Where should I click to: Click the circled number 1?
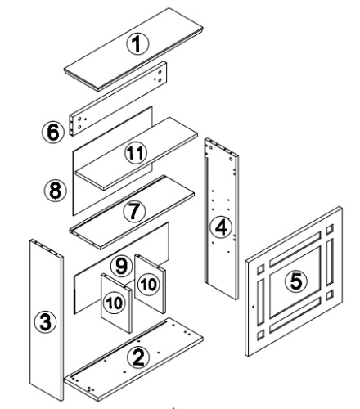pos(137,43)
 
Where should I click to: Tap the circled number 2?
pos(139,357)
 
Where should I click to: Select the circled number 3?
pos(45,322)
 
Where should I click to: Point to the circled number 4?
pos(221,227)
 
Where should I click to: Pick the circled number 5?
pos(296,281)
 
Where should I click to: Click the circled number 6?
pos(53,132)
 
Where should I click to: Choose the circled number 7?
pos(134,211)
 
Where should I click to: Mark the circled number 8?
pos(56,190)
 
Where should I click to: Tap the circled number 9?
pos(122,266)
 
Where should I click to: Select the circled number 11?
pos(136,153)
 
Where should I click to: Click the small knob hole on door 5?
pos(254,307)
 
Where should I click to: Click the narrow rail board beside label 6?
pos(119,99)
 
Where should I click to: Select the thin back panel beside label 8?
pos(112,161)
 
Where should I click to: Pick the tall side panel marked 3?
pos(47,321)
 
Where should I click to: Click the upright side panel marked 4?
pos(222,218)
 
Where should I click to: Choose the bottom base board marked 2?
pos(133,359)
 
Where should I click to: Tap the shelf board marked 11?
pos(137,154)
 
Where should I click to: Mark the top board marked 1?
pos(133,49)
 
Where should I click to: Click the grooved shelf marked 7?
pos(132,212)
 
